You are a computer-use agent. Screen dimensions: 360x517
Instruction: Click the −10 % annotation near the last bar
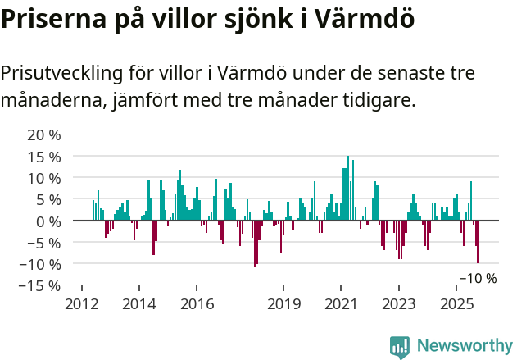click(x=478, y=278)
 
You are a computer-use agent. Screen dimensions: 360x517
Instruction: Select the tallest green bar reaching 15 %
click(x=348, y=188)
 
